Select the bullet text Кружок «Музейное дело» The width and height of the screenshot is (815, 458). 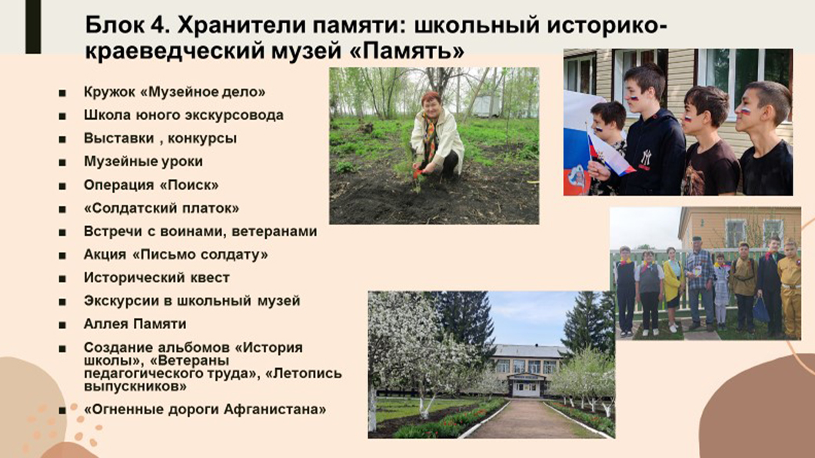[x=175, y=92]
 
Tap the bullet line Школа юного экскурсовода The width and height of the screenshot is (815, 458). [x=184, y=115]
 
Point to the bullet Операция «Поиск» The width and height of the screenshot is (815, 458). [x=151, y=185]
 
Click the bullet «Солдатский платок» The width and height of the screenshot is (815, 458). [x=161, y=208]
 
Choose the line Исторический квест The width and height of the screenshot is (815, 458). [x=156, y=278]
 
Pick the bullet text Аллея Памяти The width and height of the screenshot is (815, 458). [x=135, y=324]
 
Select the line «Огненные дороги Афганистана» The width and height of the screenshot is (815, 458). [x=205, y=409]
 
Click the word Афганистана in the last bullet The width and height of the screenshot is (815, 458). [x=274, y=409]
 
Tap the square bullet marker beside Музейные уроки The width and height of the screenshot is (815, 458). [x=62, y=163]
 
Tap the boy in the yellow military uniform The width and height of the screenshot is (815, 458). [x=790, y=289]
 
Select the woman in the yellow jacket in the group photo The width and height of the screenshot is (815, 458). [x=673, y=289]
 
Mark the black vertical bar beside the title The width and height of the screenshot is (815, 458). [x=33, y=26]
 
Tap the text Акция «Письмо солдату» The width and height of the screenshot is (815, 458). [x=175, y=254]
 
